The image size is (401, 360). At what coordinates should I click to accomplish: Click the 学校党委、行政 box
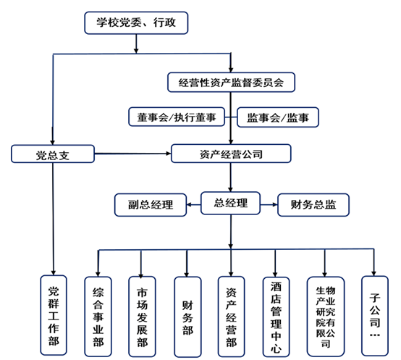tap(136, 22)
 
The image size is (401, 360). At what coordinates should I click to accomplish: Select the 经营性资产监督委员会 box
tap(231, 83)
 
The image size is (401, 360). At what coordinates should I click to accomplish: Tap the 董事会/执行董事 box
tap(177, 117)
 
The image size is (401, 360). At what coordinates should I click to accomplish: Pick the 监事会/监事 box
tap(278, 117)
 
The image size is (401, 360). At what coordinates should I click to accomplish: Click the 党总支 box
tap(53, 154)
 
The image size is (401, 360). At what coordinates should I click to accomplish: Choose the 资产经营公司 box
tap(231, 154)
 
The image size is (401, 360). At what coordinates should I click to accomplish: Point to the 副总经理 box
tap(151, 205)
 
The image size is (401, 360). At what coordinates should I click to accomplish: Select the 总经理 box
tap(230, 203)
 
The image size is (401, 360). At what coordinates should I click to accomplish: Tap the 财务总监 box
tap(313, 205)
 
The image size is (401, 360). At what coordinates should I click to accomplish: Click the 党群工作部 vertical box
tap(54, 315)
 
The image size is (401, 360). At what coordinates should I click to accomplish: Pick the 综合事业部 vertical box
tap(98, 317)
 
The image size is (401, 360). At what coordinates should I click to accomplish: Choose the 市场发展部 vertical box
tap(142, 317)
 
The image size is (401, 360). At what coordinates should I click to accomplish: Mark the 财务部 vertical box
tap(187, 317)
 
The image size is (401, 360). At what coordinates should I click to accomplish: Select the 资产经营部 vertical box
tap(231, 317)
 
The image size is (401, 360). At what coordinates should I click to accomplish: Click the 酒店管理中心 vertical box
tap(277, 317)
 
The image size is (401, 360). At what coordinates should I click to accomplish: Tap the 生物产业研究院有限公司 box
tap(326, 317)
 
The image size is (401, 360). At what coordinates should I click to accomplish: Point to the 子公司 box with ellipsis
tap(375, 316)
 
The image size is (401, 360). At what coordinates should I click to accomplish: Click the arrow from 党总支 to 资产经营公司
tap(132, 154)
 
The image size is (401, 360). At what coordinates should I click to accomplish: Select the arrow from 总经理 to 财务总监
tap(269, 204)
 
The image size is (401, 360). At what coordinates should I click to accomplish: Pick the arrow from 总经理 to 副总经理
tap(193, 205)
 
